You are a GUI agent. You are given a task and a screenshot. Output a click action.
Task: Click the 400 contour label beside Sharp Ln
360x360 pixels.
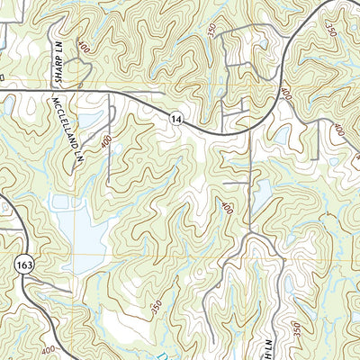coord(84,45)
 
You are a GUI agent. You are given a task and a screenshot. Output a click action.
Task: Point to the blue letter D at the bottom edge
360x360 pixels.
coord(183,354)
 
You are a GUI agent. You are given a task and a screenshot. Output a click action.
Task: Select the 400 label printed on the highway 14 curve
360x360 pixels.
coord(285,93)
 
